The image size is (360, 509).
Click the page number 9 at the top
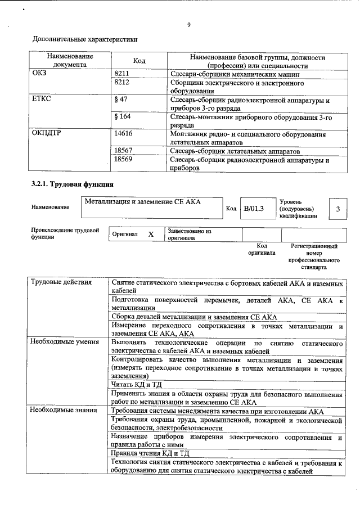pyautogui.click(x=189, y=24)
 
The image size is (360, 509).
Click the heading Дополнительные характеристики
pyautogui.click(x=85, y=39)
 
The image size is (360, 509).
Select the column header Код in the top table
pyautogui.click(x=139, y=61)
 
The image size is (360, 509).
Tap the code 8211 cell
pyautogui.click(x=122, y=73)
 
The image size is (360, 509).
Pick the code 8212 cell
pyautogui.click(x=122, y=82)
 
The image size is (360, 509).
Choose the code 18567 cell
pyautogui.click(x=123, y=151)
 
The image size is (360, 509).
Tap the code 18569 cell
pyautogui.click(x=123, y=160)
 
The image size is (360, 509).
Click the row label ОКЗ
pyautogui.click(x=40, y=73)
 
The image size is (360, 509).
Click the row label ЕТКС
pyautogui.click(x=43, y=100)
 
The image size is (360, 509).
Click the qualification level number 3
pyautogui.click(x=337, y=209)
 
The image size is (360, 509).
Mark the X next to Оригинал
pyautogui.click(x=150, y=234)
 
